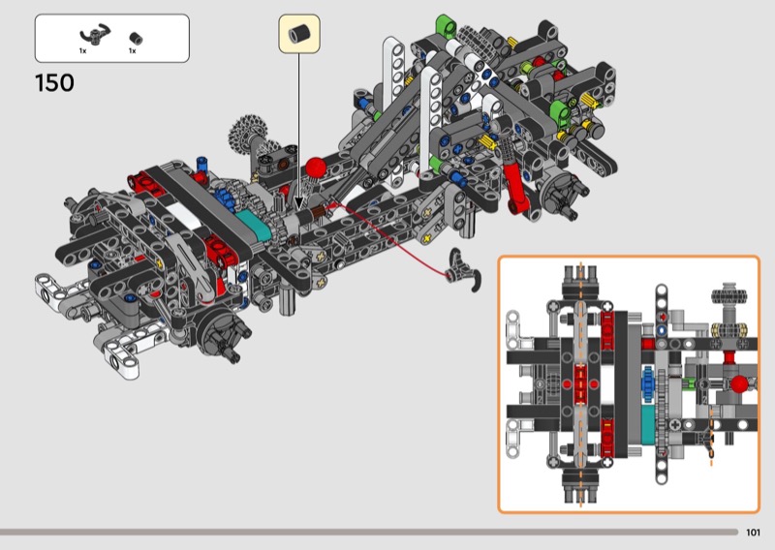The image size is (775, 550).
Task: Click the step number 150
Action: point(54,83)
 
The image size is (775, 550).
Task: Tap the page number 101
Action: point(753,533)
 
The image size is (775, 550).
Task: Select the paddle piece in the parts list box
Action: point(95,35)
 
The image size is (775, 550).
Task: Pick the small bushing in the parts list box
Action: point(135,38)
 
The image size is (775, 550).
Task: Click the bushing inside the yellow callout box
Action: point(299,33)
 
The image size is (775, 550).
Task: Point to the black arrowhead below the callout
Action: point(298,203)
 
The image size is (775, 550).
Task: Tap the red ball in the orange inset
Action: point(739,384)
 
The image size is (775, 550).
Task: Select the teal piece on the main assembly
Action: point(253,228)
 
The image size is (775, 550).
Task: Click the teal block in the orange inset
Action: point(647,424)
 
